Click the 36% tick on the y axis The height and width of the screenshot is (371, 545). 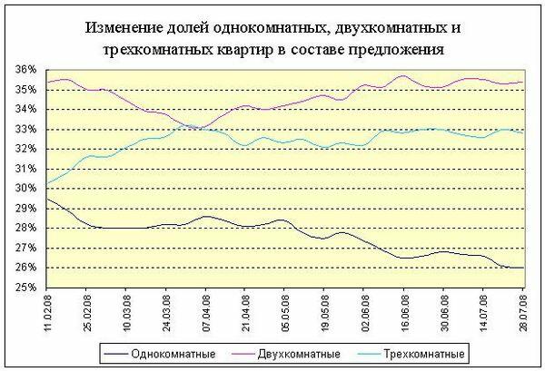(24, 70)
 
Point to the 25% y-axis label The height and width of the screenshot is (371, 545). (24, 288)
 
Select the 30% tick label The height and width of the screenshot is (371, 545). (24, 189)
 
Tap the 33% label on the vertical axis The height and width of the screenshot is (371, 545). (24, 129)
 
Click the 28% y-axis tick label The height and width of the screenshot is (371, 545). (24, 228)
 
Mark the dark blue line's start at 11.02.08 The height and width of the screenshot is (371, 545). (45, 199)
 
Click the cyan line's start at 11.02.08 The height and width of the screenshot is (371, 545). (45, 185)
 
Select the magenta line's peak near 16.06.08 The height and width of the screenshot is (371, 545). (403, 76)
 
